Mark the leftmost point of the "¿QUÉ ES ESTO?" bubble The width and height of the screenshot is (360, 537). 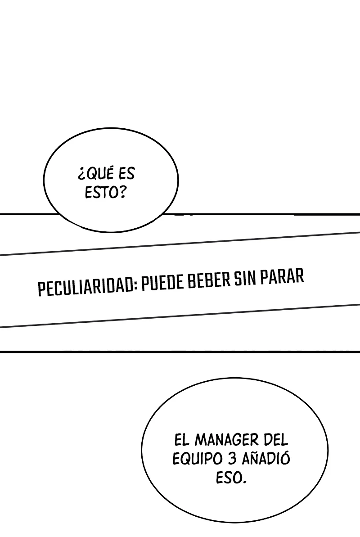44,180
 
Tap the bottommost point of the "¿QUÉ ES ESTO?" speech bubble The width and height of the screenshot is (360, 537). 111,233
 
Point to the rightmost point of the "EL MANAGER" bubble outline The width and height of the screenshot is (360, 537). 328,450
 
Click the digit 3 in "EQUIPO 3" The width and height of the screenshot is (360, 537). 232,459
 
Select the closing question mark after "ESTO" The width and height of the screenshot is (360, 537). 122,192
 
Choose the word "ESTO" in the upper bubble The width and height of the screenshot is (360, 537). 101,193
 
